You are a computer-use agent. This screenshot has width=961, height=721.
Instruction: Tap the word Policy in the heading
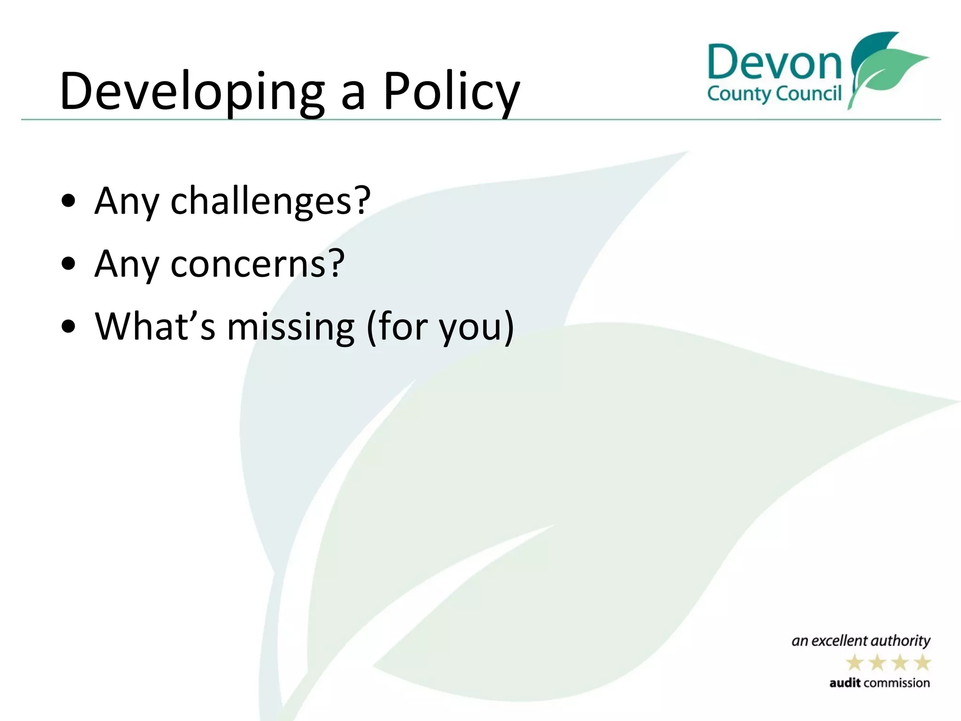pos(451,92)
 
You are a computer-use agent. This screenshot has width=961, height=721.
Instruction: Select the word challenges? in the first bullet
pos(270,201)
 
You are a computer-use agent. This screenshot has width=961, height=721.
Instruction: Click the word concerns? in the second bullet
pos(257,264)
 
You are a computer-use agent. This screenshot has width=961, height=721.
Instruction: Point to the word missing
pos(291,327)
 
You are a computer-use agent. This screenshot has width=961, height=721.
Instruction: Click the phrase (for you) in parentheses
pos(440,327)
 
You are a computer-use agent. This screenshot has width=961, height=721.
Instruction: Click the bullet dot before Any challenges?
pos(69,201)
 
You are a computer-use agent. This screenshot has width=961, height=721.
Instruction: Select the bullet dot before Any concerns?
pos(69,264)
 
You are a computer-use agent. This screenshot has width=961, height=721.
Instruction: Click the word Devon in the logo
pos(774,63)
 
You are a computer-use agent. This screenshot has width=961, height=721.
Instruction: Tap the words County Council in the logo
pos(774,94)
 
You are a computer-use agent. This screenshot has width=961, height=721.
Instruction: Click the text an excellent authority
pos(861,641)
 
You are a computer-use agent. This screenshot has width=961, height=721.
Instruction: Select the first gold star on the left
pos(855,663)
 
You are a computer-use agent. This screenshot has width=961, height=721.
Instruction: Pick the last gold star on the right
pos(923,663)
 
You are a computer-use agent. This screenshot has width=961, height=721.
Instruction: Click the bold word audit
pos(845,683)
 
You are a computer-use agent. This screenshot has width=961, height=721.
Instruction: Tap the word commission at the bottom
pos(896,683)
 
